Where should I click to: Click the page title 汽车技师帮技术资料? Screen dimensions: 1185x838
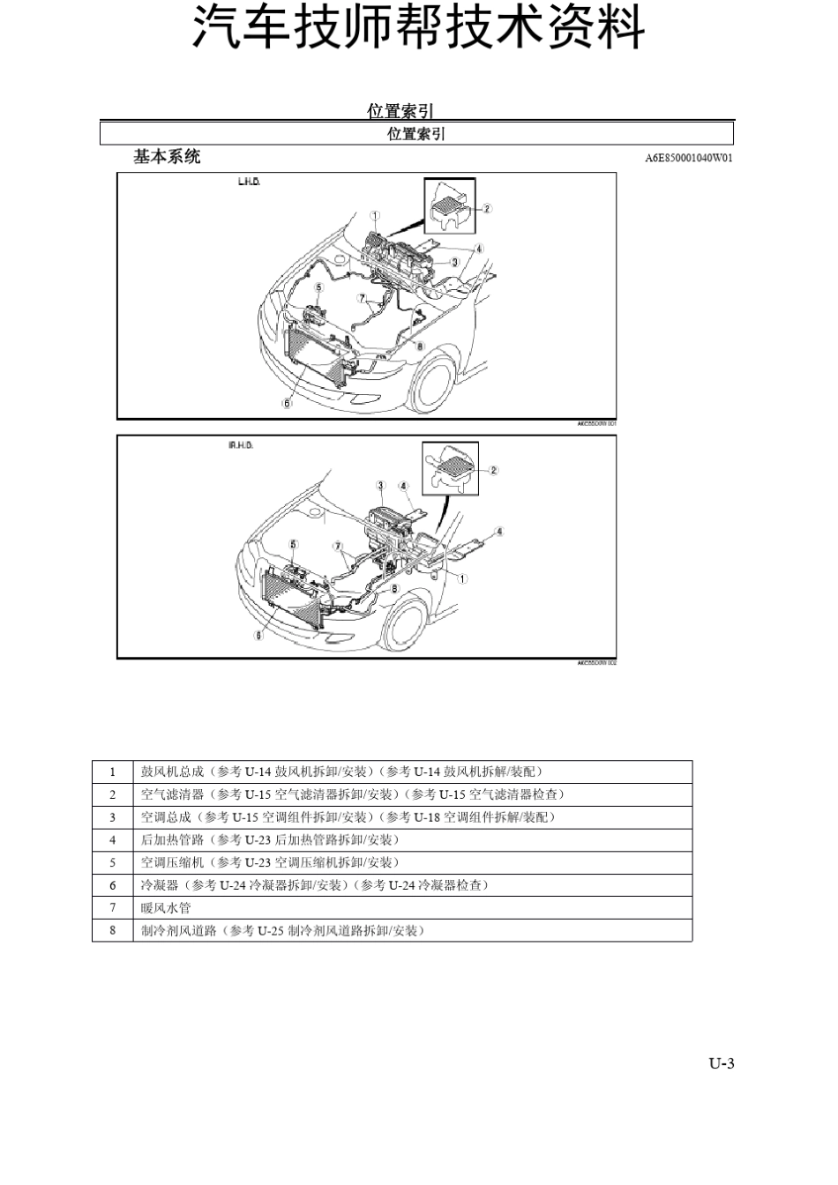[x=418, y=30]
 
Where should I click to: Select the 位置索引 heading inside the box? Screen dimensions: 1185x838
[x=416, y=134]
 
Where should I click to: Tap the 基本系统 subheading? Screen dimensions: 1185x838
[x=167, y=157]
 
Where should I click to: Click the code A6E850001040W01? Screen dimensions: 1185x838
[x=689, y=158]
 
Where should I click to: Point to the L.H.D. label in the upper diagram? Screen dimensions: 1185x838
[x=249, y=183]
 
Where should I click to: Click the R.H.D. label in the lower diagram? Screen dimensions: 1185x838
[x=240, y=445]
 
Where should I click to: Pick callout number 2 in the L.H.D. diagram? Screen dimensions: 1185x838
[x=487, y=208]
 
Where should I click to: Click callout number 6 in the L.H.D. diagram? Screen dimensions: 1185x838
[x=287, y=403]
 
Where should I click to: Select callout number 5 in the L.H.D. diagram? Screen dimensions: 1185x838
[x=318, y=287]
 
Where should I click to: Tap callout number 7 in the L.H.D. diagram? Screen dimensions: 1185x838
[x=362, y=298]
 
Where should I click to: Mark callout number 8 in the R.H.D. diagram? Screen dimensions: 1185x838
[x=395, y=588]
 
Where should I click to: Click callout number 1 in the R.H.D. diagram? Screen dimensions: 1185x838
[x=463, y=578]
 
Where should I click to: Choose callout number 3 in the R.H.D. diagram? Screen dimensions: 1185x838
[x=380, y=485]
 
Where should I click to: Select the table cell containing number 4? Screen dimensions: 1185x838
[x=113, y=839]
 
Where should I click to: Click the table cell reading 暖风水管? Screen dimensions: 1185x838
[x=166, y=907]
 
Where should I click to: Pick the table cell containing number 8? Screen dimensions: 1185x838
[x=113, y=930]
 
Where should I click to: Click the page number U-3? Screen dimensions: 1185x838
[x=721, y=1063]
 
